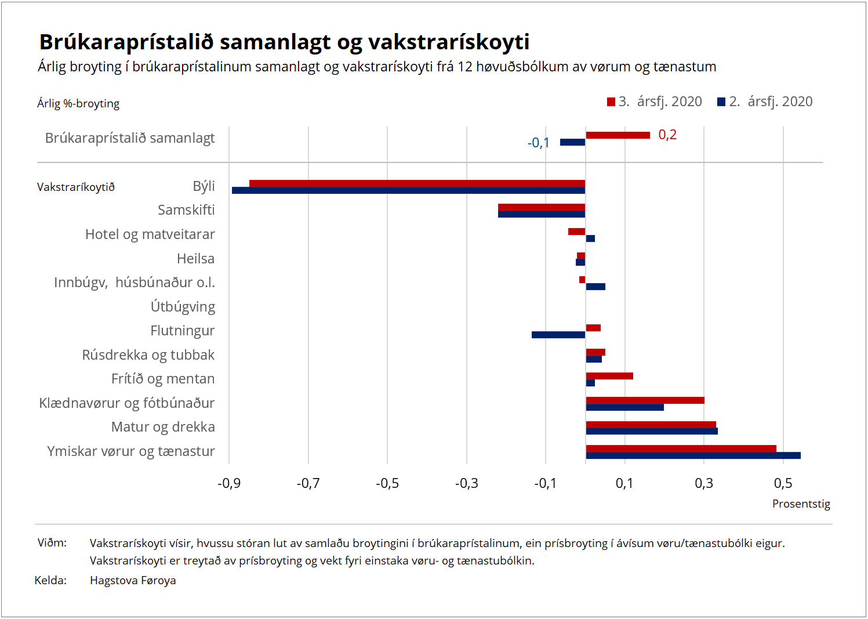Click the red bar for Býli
(x=417, y=183)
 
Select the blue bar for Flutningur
(x=558, y=335)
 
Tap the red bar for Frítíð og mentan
(x=609, y=376)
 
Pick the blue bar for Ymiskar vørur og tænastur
(x=693, y=455)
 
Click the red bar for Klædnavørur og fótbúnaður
(x=645, y=400)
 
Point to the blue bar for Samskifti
(x=541, y=214)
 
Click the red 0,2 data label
(x=667, y=135)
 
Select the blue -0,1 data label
(x=538, y=143)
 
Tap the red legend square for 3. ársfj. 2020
(x=611, y=102)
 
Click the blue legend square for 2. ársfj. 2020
(x=721, y=102)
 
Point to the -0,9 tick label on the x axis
(x=229, y=483)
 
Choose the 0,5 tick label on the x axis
(x=783, y=483)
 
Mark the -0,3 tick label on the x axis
(x=466, y=483)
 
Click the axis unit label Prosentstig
(x=801, y=504)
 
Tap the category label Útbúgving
(x=183, y=307)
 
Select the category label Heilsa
(x=195, y=259)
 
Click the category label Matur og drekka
(x=163, y=427)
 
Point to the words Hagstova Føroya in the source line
(x=133, y=580)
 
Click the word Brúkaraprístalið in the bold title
(x=126, y=42)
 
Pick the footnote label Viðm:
(x=52, y=543)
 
